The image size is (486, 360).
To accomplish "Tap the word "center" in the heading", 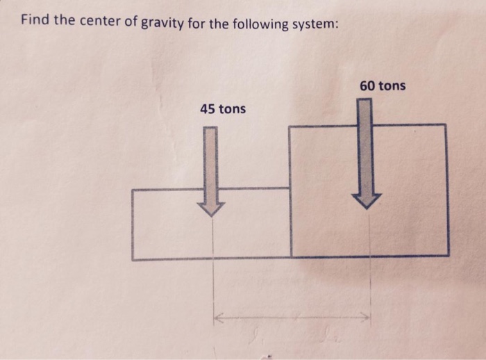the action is coord(97,22).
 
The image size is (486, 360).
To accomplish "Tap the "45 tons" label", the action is coord(222,109).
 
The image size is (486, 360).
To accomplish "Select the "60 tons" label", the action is coord(383,85).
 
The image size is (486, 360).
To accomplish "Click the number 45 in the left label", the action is coord(207,109).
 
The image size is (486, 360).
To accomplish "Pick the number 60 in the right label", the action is coord(367,85).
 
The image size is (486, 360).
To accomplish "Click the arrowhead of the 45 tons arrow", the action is coord(210,208).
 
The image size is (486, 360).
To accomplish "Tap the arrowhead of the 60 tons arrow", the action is coord(365,200).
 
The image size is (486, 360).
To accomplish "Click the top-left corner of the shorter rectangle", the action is coord(132,190).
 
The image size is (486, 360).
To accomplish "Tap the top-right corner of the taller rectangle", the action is coord(446,124).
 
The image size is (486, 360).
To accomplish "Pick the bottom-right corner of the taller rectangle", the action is coord(447,255).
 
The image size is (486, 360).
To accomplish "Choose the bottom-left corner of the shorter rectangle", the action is coord(133,259).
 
